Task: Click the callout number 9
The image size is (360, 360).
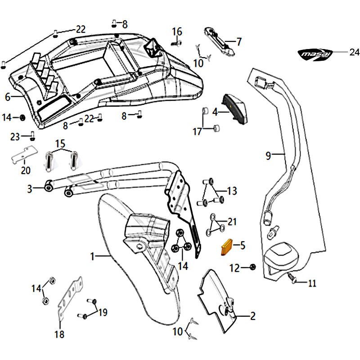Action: click(268, 156)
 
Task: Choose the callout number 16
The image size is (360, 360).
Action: click(177, 31)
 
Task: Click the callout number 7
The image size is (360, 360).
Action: click(238, 42)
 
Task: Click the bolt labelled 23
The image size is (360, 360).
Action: click(33, 135)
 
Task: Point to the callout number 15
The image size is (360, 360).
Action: click(60, 144)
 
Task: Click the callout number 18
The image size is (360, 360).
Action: click(59, 334)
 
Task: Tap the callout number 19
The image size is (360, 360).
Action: click(103, 312)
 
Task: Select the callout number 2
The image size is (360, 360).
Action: click(252, 316)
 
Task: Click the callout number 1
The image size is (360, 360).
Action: click(92, 256)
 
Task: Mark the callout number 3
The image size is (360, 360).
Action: click(30, 189)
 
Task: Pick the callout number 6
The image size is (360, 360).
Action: click(7, 96)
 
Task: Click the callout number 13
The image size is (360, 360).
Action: click(231, 191)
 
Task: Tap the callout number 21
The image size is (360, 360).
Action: click(232, 221)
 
